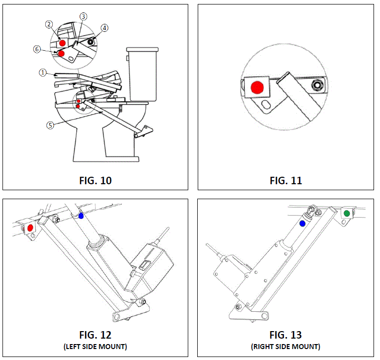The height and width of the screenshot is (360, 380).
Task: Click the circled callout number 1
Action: click(x=43, y=72)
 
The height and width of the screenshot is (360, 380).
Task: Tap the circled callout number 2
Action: click(x=49, y=24)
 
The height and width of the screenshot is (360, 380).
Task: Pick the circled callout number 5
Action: click(x=50, y=125)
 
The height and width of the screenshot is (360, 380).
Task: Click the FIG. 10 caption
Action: click(x=95, y=180)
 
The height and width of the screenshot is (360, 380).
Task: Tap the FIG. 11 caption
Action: click(x=286, y=180)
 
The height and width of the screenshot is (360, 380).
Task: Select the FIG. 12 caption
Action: click(x=95, y=335)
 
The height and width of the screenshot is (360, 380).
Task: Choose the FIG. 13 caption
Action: click(x=286, y=335)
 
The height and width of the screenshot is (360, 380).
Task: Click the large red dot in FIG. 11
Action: click(x=257, y=88)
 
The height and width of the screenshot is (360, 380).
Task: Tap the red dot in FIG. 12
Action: click(x=30, y=227)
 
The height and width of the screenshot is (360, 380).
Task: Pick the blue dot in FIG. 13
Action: click(x=302, y=224)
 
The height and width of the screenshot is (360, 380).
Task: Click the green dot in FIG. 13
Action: click(x=347, y=213)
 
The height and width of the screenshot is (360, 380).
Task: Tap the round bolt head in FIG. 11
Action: click(x=316, y=86)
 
